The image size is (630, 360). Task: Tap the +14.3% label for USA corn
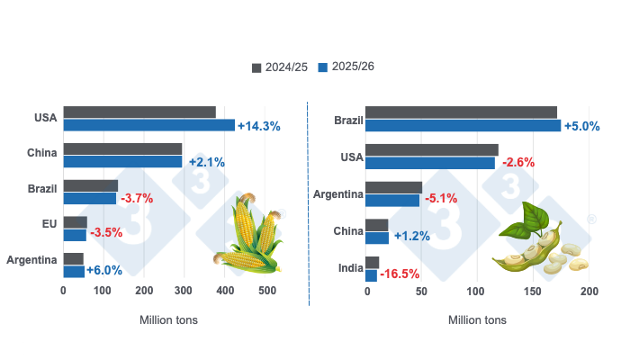[x=259, y=126]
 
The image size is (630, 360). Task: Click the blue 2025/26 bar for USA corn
[x=148, y=125]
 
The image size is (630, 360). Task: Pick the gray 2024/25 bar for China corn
[x=122, y=148]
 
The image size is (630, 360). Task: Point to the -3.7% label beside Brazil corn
[x=137, y=198]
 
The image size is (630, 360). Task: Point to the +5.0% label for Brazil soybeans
[x=581, y=126]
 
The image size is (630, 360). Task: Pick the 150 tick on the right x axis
[x=532, y=291]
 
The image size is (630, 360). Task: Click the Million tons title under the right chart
[x=477, y=319]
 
